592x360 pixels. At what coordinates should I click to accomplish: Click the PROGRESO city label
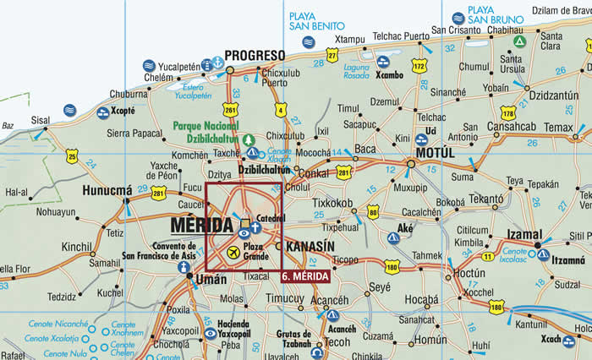pos(255,55)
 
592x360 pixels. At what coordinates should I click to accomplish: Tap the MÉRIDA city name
pos(201,226)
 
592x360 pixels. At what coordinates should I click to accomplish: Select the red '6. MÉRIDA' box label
pos(305,275)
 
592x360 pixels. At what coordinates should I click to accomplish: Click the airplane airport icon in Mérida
pos(233,252)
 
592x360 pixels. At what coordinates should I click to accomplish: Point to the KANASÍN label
pos(312,246)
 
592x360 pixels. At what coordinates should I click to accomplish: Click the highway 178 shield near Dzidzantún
pos(507,112)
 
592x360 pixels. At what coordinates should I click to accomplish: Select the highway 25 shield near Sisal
pos(73,155)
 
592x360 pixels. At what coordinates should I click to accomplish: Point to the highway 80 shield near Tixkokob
pos(373,213)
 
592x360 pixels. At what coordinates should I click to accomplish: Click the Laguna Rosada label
pos(357,71)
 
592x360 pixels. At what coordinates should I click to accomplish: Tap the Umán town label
pos(211,278)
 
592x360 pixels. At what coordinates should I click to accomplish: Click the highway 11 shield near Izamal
pos(487,256)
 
